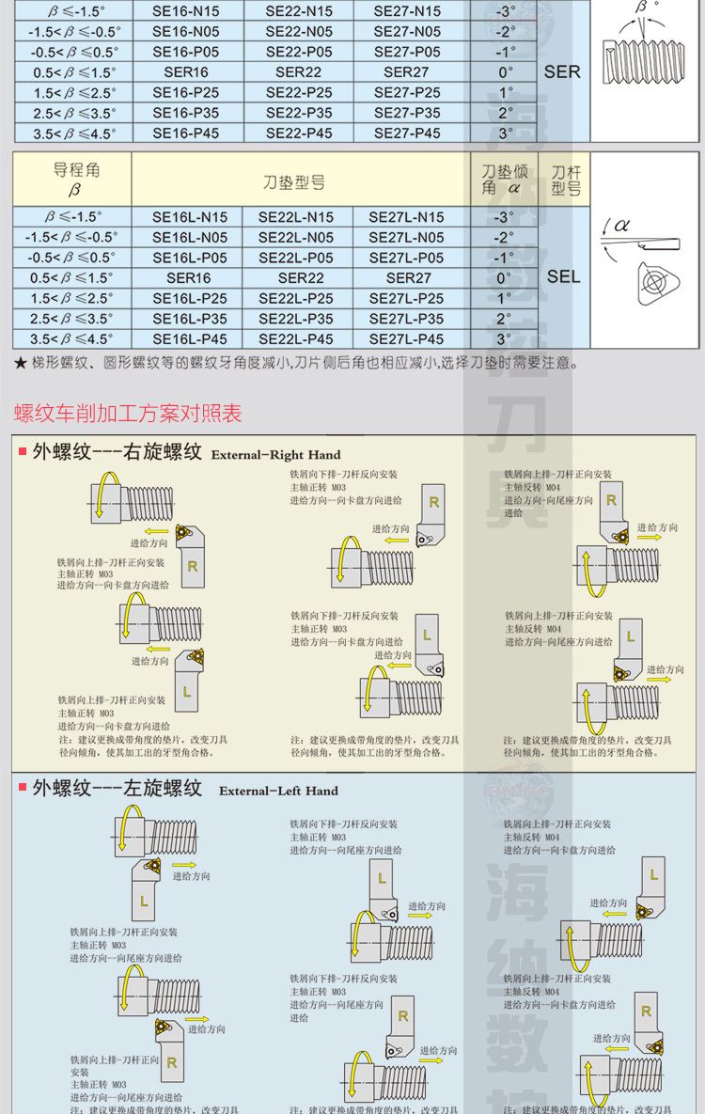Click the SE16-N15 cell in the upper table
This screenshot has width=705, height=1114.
tap(186, 11)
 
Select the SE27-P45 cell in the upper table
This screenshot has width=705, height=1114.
tap(407, 133)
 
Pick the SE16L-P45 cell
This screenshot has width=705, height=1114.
tap(189, 339)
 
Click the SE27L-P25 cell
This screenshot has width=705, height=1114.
tap(406, 298)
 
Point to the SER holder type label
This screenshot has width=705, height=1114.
tap(562, 71)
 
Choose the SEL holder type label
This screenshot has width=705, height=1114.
tap(563, 276)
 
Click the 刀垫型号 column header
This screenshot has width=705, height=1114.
tap(294, 181)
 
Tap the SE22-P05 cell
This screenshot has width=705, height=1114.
tap(299, 52)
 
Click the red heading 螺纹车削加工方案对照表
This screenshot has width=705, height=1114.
tap(128, 413)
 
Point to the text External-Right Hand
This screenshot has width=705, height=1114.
tap(275, 455)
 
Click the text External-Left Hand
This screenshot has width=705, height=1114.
tap(278, 791)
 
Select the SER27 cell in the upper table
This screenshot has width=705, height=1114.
tap(407, 72)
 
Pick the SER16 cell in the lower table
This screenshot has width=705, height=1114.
tap(189, 278)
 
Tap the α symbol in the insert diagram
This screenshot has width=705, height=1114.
tap(621, 226)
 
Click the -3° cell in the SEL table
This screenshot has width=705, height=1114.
tap(503, 217)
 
